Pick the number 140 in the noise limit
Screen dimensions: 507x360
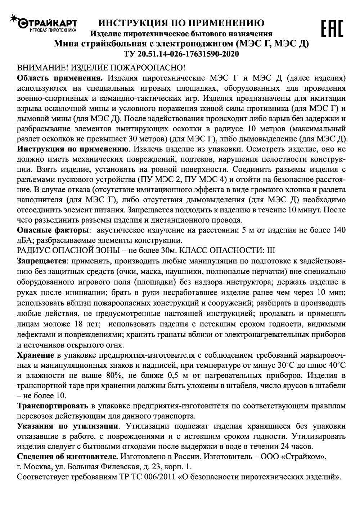point(338,230)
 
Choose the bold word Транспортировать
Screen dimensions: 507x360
point(53,406)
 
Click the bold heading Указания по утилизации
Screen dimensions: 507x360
point(68,426)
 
